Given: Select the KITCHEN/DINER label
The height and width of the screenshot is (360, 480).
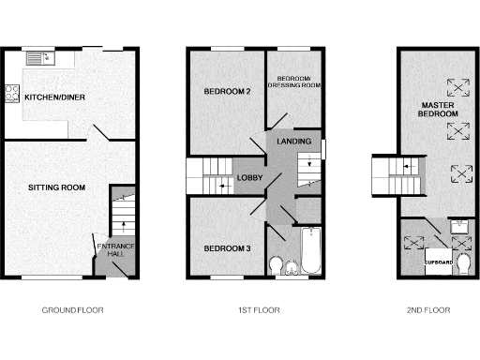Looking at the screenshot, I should (x=52, y=97).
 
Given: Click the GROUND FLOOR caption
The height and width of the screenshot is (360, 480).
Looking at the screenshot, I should (x=72, y=309).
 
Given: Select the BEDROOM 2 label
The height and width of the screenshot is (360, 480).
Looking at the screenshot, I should (x=227, y=92).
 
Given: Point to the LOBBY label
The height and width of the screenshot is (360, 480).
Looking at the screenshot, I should (x=249, y=177).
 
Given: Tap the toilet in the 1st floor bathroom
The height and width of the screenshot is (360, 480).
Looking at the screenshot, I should (x=276, y=266).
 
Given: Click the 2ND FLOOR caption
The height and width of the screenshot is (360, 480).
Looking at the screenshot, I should (x=429, y=309).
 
